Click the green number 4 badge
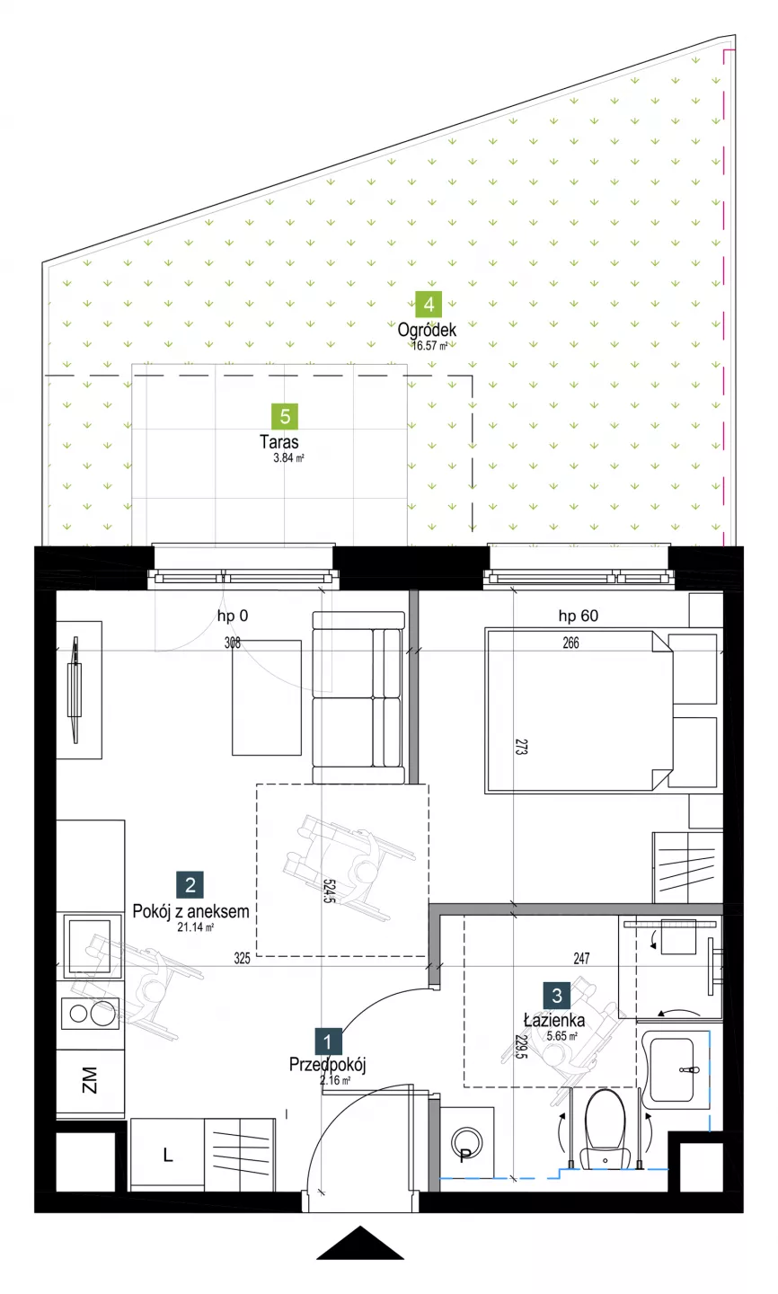[x=429, y=305]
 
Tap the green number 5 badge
[x=285, y=417]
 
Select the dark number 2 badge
[x=190, y=885]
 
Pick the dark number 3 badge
[x=557, y=996]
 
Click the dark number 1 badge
[x=328, y=1042]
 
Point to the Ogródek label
[x=427, y=330]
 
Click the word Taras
[x=279, y=442]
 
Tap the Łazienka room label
[x=554, y=1020]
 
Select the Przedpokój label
[x=328, y=1065]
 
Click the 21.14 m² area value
[x=196, y=927]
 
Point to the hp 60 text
[x=579, y=616]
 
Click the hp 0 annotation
[x=233, y=616]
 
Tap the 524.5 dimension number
[x=329, y=891]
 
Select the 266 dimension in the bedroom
[x=570, y=643]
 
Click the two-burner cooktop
[x=90, y=1014]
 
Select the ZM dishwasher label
[x=90, y=1080]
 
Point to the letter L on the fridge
[x=167, y=1155]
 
